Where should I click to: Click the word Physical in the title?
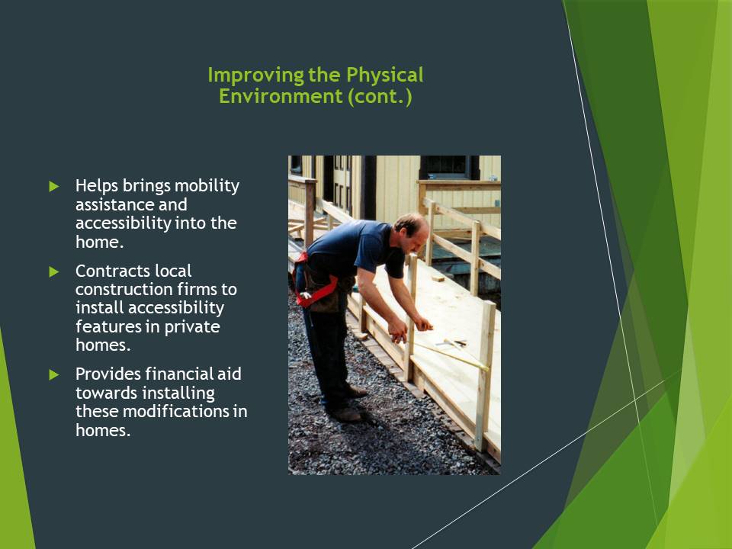384,75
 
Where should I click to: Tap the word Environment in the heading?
281,96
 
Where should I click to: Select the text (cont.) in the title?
380,97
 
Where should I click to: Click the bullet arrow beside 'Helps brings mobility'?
54,186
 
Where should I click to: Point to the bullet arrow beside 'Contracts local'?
54,271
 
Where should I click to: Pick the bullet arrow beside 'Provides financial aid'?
54,374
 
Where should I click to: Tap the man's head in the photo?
411,232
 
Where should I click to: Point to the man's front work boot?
346,414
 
